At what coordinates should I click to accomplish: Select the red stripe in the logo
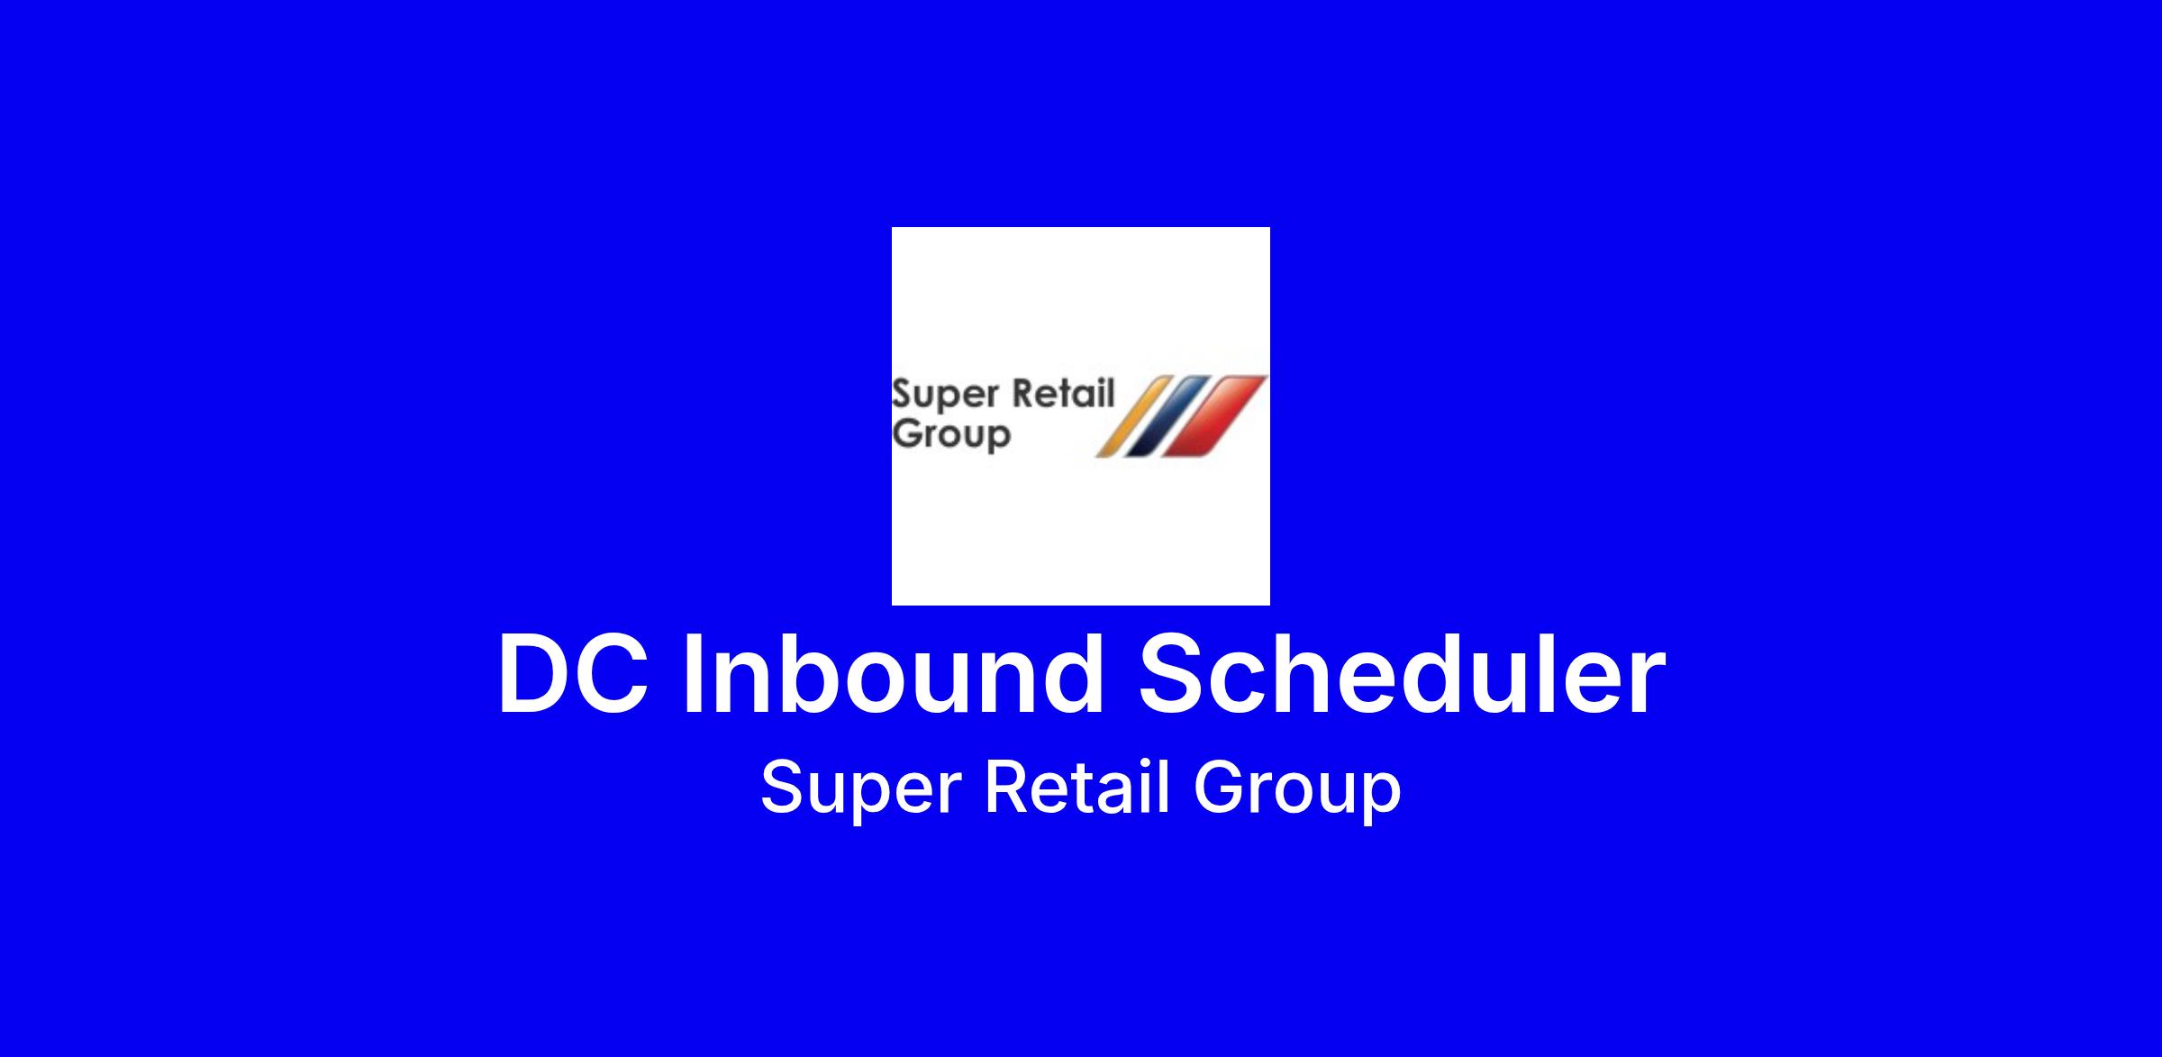(1213, 416)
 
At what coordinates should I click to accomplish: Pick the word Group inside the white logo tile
(951, 435)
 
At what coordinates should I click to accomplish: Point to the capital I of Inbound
(693, 674)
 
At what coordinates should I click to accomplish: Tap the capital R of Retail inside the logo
(1024, 394)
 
